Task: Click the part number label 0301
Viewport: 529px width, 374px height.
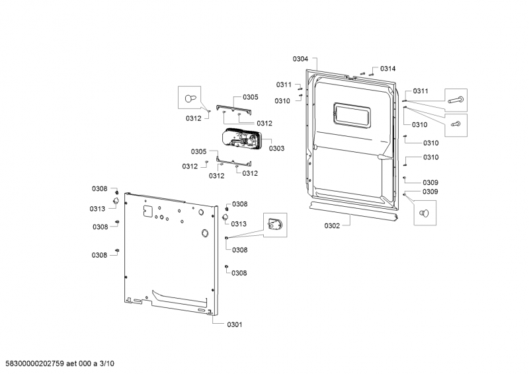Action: (235, 324)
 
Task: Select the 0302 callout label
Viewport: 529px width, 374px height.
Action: (332, 226)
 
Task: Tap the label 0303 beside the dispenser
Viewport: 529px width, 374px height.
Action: (276, 149)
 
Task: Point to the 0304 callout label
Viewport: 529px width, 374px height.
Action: (300, 59)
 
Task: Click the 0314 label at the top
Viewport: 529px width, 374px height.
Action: (388, 69)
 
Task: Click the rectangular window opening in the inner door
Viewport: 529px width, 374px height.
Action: (352, 114)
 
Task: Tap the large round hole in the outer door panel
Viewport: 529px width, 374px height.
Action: (204, 233)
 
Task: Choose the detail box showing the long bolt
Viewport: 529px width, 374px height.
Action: (456, 100)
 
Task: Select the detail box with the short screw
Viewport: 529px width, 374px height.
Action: (456, 124)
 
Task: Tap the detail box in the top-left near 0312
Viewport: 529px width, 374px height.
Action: (189, 98)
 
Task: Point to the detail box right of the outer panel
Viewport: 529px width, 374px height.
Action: (276, 226)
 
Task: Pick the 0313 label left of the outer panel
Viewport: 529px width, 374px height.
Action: (98, 209)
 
